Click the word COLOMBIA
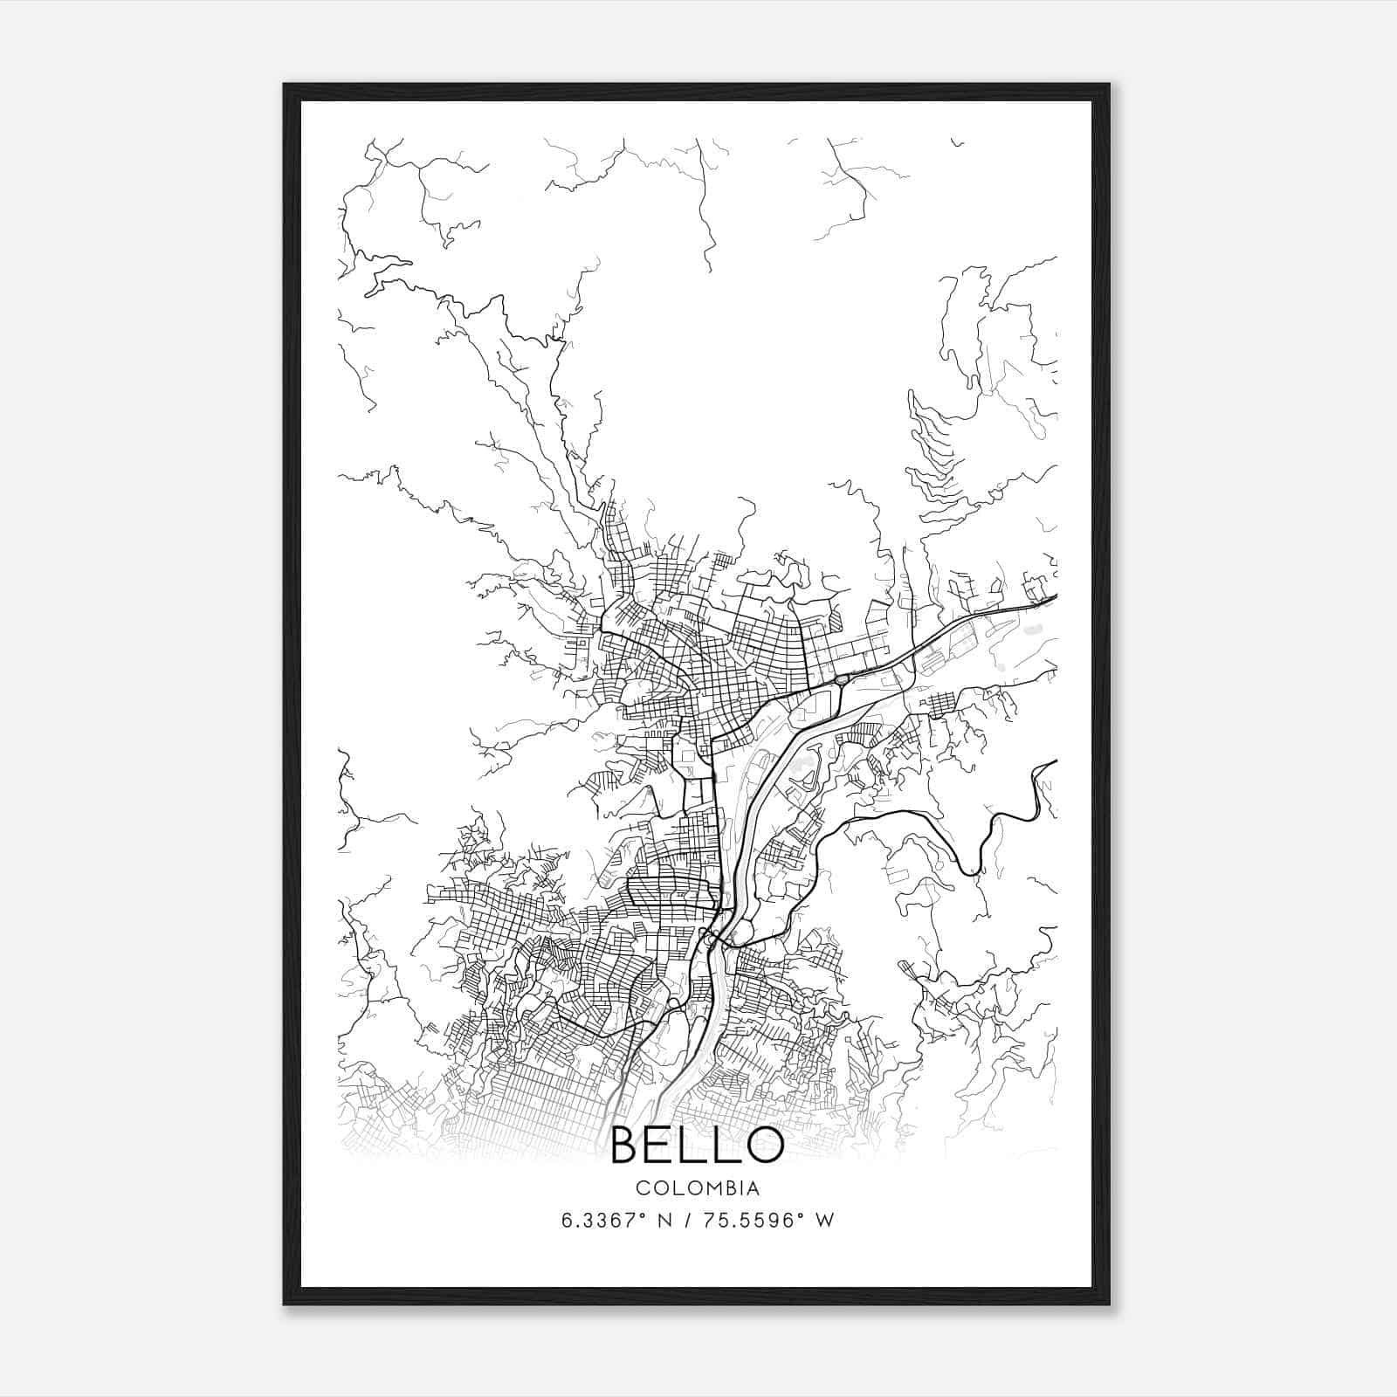[x=698, y=1188]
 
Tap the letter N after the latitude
[x=666, y=1221]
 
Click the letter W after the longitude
[x=823, y=1221]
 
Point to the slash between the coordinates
[x=689, y=1221]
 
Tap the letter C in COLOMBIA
[x=642, y=1188]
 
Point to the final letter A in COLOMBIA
[x=753, y=1188]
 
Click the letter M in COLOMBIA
[x=706, y=1188]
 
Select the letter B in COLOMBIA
[x=726, y=1188]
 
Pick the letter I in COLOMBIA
[x=739, y=1188]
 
